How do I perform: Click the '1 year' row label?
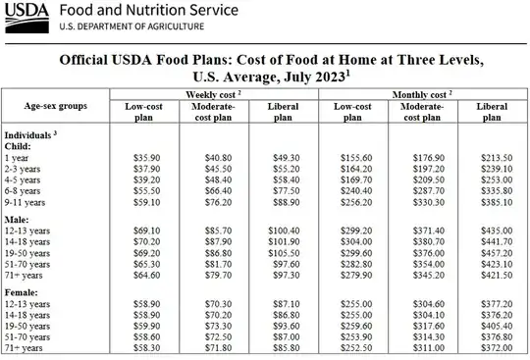tap(16, 156)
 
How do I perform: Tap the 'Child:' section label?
tap(19, 144)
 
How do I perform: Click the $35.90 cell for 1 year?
tap(146, 156)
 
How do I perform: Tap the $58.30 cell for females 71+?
tap(146, 347)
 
